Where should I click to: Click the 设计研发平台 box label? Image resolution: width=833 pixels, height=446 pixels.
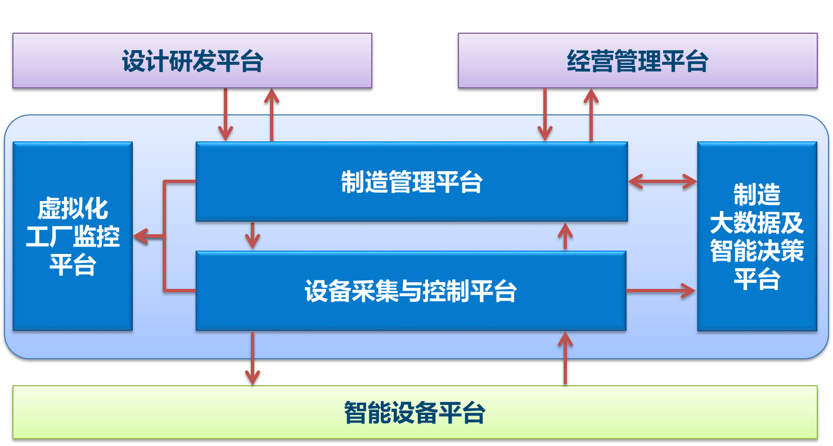(x=192, y=61)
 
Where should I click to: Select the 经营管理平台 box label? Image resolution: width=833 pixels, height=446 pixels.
(x=637, y=61)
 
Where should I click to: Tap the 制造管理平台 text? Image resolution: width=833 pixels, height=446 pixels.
(x=412, y=182)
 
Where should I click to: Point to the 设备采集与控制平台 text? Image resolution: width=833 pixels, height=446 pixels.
(x=411, y=292)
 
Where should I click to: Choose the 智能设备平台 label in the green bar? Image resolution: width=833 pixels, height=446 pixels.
(x=415, y=413)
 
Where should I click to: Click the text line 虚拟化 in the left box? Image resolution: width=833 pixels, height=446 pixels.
(x=73, y=209)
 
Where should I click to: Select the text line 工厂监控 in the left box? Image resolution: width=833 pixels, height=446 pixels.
(x=73, y=237)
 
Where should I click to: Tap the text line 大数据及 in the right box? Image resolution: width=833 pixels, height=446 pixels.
(x=757, y=224)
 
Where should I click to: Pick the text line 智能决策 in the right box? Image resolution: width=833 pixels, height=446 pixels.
(x=757, y=251)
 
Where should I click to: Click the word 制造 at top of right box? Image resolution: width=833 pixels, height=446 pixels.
(x=757, y=195)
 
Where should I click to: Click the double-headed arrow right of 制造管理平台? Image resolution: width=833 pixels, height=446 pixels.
(x=662, y=181)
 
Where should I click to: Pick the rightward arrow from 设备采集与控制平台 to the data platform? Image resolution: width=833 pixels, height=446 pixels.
(x=661, y=291)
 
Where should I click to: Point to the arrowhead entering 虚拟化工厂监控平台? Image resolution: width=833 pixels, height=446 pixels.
(x=142, y=237)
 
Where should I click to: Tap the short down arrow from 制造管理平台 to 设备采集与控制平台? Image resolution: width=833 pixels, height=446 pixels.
(x=253, y=235)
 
